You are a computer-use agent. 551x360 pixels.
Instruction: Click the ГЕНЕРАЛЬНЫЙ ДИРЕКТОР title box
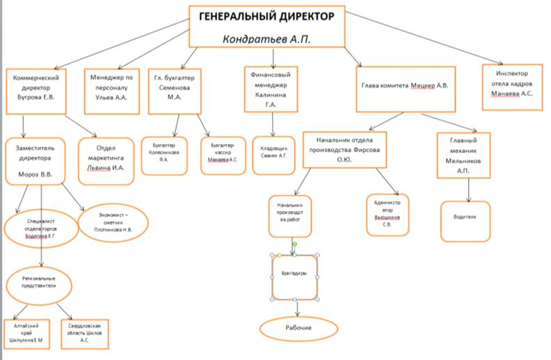tap(267, 17)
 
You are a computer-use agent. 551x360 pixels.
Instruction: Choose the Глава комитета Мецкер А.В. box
tap(405, 88)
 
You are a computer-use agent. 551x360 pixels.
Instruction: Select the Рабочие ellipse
tap(298, 329)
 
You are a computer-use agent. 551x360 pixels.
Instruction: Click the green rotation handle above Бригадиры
tap(294, 244)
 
